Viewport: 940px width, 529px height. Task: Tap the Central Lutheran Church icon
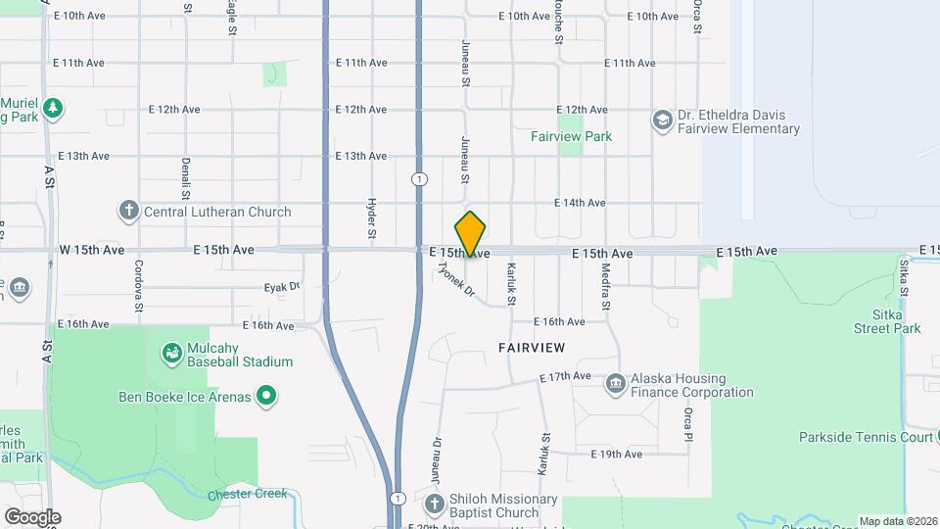point(128,211)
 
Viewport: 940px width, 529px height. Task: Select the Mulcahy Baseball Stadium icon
point(171,352)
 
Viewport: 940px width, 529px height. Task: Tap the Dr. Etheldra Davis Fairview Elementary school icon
point(663,120)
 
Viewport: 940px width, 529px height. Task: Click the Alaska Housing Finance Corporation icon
point(616,382)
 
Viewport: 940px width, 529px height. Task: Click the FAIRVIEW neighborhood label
point(532,348)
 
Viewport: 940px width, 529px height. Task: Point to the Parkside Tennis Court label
point(866,437)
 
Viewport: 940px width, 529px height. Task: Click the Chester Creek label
point(248,494)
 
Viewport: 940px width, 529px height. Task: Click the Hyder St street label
point(372,218)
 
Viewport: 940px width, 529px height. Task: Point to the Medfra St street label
point(606,287)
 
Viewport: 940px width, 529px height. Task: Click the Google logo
point(31,517)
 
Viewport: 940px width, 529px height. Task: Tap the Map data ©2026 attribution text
point(898,521)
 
